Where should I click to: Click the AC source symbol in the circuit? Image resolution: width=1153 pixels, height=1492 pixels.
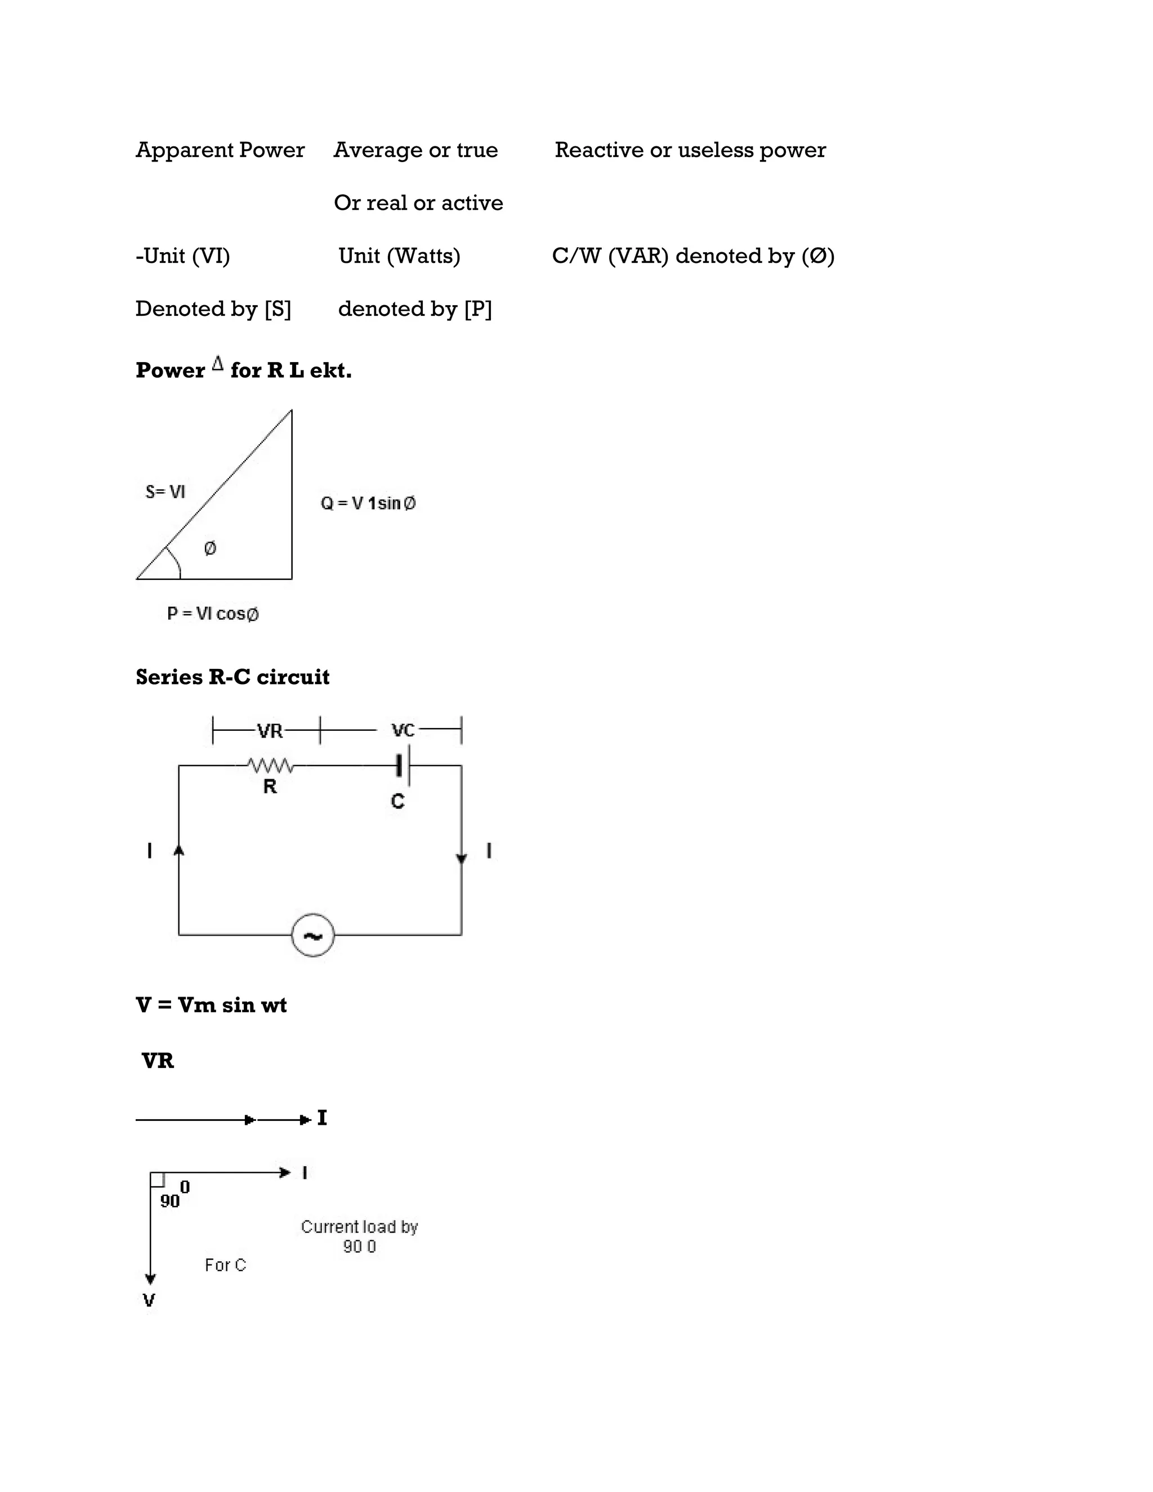313,935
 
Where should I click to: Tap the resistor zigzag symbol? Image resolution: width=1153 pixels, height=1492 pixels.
270,765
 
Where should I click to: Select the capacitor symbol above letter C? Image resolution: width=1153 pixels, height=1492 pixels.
403,765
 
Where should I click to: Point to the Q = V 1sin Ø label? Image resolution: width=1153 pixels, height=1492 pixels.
368,503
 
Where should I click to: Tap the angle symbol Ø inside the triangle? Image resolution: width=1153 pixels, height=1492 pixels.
211,548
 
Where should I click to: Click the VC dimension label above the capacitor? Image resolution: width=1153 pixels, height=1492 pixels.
403,731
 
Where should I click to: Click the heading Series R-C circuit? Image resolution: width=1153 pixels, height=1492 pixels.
233,677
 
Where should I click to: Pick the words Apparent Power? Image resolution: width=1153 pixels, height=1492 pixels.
220,150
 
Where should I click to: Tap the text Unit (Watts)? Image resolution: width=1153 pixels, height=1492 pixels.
400,256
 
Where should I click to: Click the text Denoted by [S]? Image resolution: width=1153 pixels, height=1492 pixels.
213,309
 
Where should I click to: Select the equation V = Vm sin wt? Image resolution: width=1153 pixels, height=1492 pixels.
211,1005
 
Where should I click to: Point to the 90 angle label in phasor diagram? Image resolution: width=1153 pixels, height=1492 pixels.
170,1201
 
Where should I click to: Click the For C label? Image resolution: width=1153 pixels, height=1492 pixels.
225,1265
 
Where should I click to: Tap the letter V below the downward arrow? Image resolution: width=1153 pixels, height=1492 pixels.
149,1300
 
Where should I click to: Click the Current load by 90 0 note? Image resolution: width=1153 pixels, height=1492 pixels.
359,1236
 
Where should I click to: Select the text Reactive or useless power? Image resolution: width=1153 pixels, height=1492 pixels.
690,150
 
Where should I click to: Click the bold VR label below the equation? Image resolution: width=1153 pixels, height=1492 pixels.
158,1061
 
